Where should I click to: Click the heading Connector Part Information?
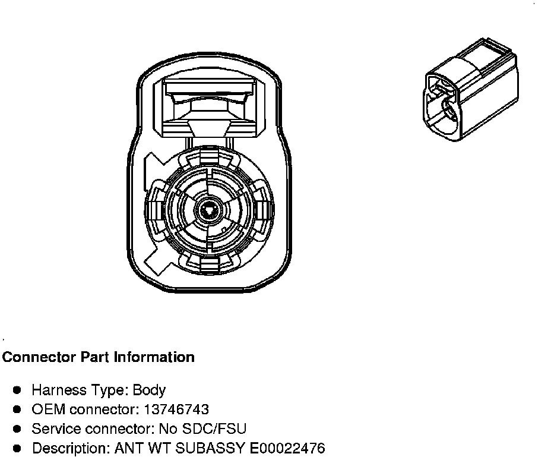point(99,357)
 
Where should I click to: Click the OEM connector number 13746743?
point(177,409)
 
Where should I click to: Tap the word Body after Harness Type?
point(149,390)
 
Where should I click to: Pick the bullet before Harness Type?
point(18,390)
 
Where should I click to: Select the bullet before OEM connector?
point(18,409)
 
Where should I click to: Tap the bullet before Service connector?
point(18,429)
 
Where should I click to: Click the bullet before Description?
point(18,448)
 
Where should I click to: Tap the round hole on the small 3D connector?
point(447,108)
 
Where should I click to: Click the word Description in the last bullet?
point(65,448)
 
